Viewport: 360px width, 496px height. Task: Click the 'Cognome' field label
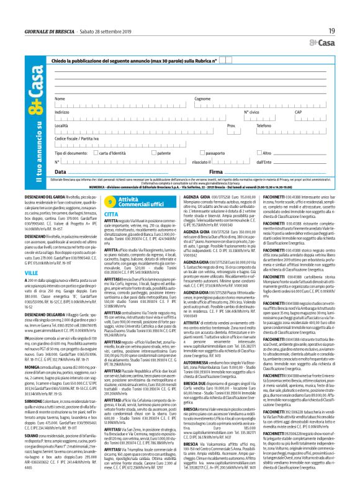click(202, 98)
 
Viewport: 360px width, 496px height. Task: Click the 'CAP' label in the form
click(315, 112)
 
